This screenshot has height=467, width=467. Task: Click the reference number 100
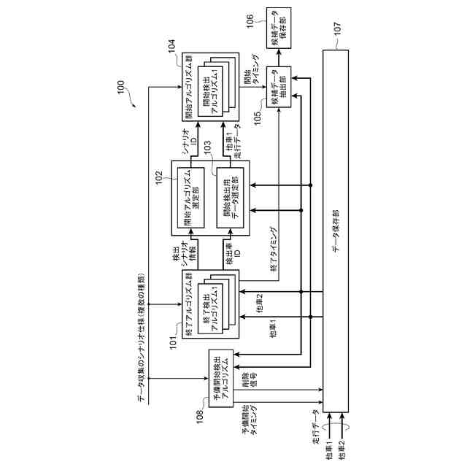(x=117, y=91)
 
